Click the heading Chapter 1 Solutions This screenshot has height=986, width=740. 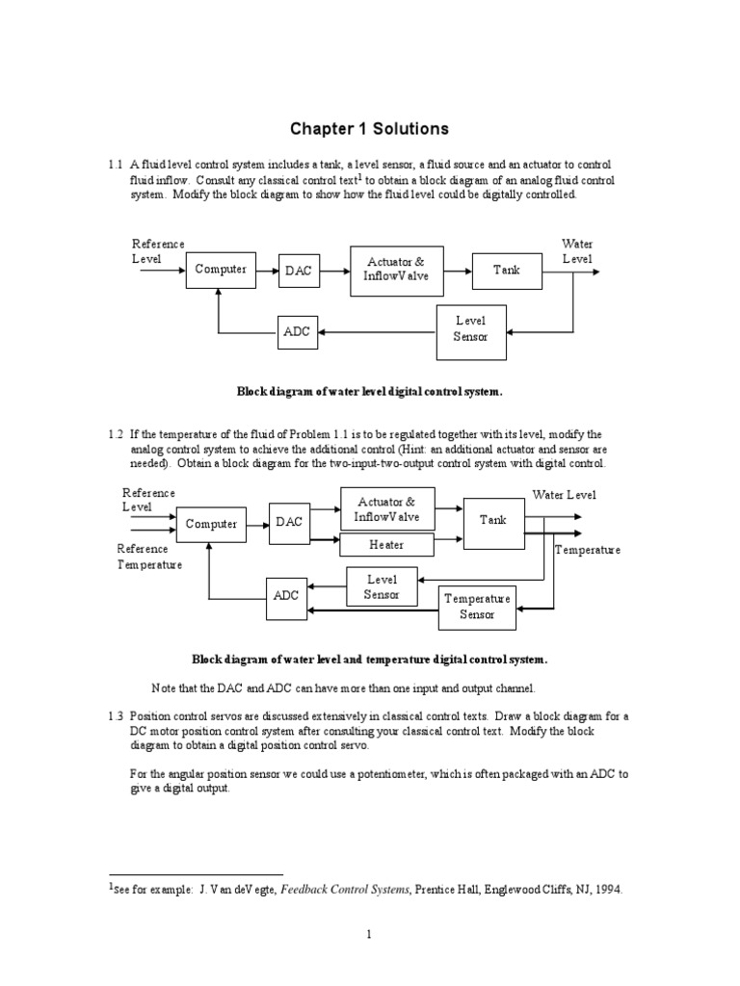371,129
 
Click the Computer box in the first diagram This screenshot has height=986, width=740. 222,270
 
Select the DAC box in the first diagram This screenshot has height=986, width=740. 298,271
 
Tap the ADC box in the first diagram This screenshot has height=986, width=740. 297,332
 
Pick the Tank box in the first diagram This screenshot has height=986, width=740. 506,270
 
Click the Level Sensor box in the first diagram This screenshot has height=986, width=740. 471,329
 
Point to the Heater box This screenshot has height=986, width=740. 386,545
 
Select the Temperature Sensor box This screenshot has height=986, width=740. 476,607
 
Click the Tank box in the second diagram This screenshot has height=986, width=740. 492,520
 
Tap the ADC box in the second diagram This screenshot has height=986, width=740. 286,596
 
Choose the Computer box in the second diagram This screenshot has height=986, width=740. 211,524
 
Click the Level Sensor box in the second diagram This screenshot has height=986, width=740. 381,586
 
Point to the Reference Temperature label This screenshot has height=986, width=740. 148,557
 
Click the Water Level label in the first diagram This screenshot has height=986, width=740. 577,251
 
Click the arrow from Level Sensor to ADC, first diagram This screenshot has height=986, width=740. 376,332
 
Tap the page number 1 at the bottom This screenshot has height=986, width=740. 369,933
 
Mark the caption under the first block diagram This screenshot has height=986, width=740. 370,392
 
